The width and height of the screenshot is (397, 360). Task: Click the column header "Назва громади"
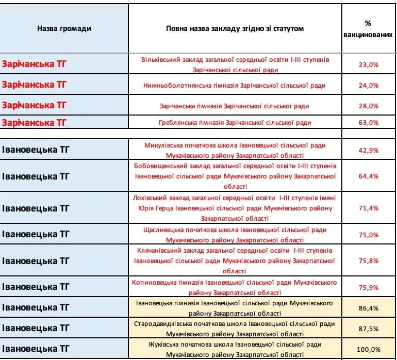coord(64,28)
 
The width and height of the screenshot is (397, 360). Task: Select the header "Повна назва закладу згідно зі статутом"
coord(235,28)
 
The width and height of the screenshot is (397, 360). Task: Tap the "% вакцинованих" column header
coord(368,29)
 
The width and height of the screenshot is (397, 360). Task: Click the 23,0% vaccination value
coord(368,65)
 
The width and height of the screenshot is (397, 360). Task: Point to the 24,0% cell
coord(368,85)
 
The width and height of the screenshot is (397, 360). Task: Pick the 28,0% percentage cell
coord(368,106)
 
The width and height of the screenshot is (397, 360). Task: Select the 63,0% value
coord(368,122)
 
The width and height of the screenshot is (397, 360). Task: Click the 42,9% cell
coord(368,150)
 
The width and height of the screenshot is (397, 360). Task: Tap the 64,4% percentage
coord(368,176)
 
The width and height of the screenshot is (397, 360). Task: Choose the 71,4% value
coord(368,208)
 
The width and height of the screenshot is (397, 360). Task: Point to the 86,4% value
coord(368,308)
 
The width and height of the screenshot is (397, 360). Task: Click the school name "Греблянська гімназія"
coord(235,122)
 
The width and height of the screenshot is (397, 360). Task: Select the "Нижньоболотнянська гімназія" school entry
coord(235,85)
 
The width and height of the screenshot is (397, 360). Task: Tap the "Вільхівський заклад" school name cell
coord(235,64)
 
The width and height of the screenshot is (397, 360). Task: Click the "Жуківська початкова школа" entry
coord(235,349)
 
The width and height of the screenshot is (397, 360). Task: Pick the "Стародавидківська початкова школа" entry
coord(235,329)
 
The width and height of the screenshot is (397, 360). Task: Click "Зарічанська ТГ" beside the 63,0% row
coord(34,122)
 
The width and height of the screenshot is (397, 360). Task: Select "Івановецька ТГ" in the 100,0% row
coord(36,349)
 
